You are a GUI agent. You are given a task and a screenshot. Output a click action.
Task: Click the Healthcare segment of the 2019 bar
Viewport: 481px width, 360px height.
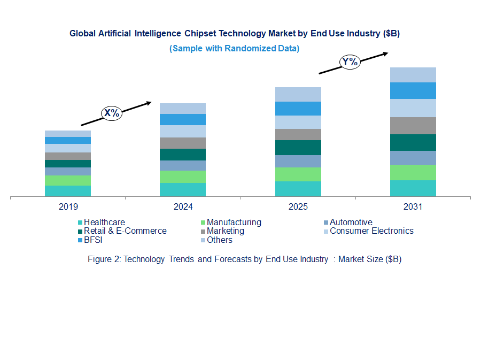(x=68, y=192)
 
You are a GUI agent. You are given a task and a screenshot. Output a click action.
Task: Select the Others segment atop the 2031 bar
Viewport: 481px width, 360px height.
(x=413, y=75)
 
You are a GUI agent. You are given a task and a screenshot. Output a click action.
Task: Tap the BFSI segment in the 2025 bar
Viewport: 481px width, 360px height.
(x=298, y=109)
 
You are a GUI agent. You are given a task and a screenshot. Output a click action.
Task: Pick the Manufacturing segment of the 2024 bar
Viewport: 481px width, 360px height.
(x=183, y=177)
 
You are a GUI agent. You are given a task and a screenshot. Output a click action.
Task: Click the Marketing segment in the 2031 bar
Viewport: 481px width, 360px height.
(x=413, y=126)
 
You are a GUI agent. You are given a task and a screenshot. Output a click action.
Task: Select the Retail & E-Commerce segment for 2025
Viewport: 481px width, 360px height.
(x=298, y=148)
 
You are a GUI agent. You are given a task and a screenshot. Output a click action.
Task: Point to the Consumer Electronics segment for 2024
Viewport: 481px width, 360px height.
(x=183, y=131)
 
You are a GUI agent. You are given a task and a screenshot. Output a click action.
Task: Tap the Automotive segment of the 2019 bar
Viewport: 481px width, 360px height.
(x=68, y=171)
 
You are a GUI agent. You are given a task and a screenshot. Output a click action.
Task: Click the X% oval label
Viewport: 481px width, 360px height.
(x=112, y=113)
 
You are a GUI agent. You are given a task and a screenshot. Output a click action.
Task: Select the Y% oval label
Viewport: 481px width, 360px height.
(x=350, y=62)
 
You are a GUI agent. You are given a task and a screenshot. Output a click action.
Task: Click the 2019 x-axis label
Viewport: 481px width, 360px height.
(x=68, y=206)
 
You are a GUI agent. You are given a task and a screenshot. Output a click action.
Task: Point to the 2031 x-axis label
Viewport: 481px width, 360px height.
(x=413, y=206)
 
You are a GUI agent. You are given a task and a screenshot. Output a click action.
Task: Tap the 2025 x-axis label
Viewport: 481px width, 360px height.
(x=298, y=206)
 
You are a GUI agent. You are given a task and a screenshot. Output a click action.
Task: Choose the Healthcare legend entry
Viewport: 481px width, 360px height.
(x=104, y=222)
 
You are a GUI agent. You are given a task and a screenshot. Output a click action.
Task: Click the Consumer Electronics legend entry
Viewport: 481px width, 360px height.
(x=371, y=231)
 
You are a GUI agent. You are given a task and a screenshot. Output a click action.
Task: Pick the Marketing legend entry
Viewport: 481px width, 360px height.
(x=225, y=231)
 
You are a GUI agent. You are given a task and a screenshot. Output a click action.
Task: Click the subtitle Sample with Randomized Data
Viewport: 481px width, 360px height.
(x=234, y=48)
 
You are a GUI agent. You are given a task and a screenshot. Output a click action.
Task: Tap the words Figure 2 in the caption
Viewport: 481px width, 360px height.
(x=104, y=259)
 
